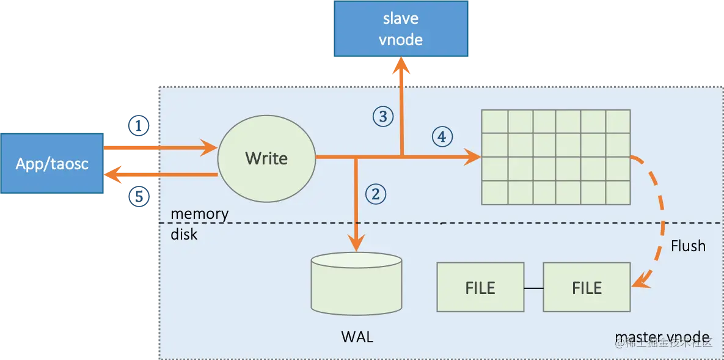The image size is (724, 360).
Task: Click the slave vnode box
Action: tap(401, 29)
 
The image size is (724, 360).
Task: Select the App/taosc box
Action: tap(53, 163)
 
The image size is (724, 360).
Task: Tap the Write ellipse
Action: tap(266, 158)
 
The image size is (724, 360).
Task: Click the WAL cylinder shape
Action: tap(356, 284)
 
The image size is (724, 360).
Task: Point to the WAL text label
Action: tap(356, 337)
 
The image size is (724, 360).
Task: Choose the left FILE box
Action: tap(480, 287)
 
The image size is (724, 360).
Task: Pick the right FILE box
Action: tap(587, 287)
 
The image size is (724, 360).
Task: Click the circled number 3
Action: tap(382, 116)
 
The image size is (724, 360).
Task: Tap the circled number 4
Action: tap(442, 136)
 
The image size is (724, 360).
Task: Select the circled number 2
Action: tap(376, 194)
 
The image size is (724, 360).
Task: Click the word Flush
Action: tap(688, 246)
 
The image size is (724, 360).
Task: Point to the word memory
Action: tap(199, 214)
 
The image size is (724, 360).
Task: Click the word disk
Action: tap(184, 233)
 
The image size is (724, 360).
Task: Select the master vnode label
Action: tap(662, 337)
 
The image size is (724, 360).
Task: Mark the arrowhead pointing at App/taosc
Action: tap(112, 175)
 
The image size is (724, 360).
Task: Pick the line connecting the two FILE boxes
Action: tap(533, 287)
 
